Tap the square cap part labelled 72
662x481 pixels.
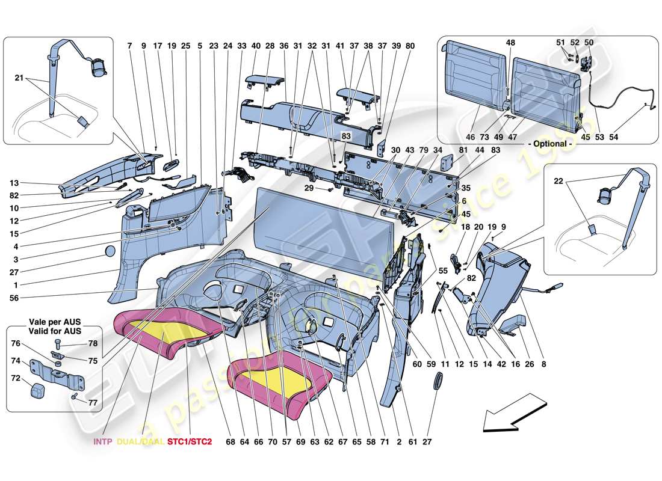coord(37,390)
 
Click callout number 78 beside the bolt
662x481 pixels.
coord(93,343)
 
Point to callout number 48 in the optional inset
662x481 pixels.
coord(510,43)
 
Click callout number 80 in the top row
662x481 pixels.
coord(410,45)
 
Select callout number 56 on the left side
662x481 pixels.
coord(14,297)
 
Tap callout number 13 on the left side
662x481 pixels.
coord(14,183)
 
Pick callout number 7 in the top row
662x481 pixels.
coord(129,45)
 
